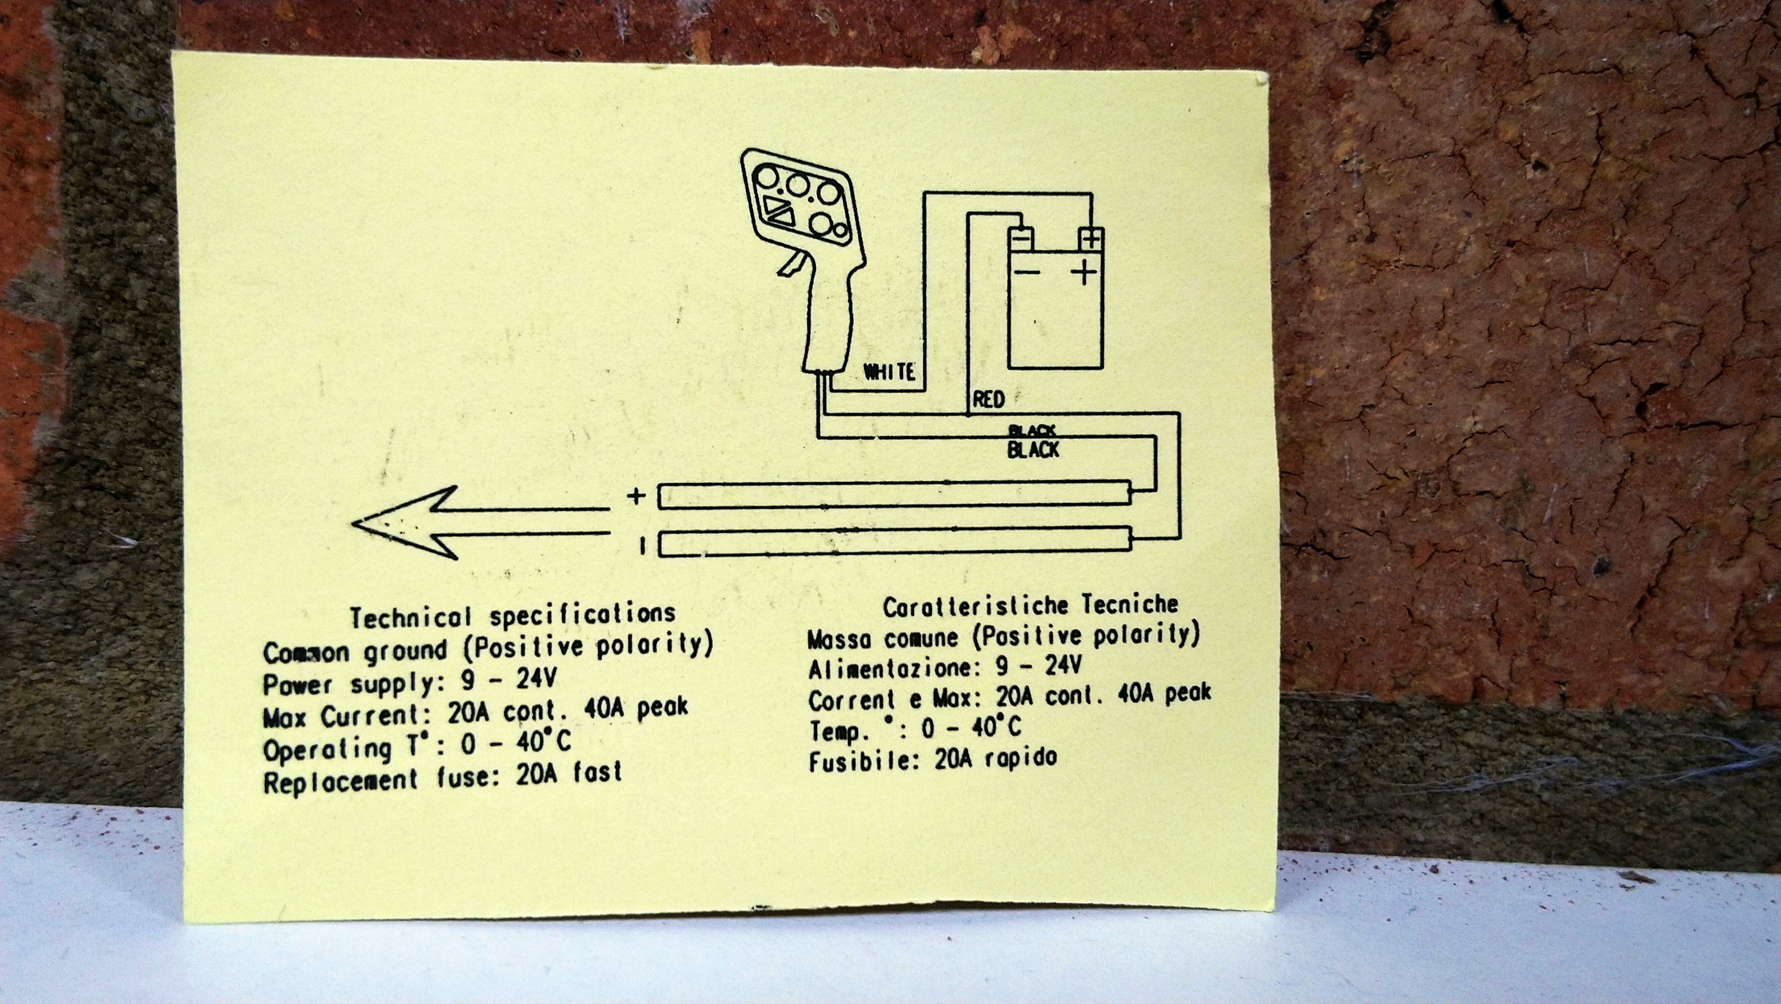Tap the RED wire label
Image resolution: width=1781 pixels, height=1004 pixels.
pos(989,399)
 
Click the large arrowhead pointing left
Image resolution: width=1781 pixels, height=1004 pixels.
pos(401,522)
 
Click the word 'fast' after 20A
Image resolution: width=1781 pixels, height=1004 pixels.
pos(597,771)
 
